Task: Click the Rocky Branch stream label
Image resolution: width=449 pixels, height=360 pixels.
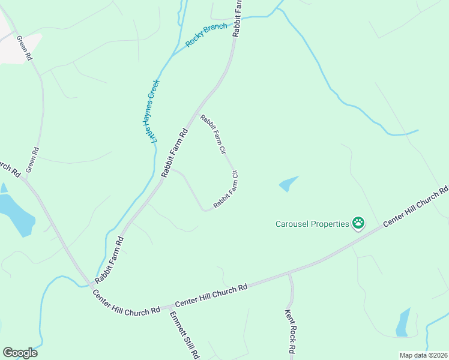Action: point(207,35)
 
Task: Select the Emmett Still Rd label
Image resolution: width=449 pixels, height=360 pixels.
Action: point(184,335)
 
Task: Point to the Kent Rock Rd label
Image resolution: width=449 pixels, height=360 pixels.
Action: point(289,331)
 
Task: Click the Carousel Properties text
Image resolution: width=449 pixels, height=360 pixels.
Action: point(312,224)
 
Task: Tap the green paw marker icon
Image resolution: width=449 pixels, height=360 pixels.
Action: point(358,224)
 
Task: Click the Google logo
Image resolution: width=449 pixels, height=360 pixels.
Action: point(20,353)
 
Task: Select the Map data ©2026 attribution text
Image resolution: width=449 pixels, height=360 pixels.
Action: point(423,355)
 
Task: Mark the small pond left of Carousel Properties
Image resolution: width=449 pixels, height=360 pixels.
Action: point(289,184)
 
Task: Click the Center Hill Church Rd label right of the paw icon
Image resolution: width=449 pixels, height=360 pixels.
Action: point(416,207)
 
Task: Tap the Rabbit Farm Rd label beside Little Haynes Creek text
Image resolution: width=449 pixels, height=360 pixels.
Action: point(175,152)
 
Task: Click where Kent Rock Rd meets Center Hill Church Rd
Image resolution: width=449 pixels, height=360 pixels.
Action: point(289,274)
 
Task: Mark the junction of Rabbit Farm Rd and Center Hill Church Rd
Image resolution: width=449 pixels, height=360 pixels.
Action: point(90,283)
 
